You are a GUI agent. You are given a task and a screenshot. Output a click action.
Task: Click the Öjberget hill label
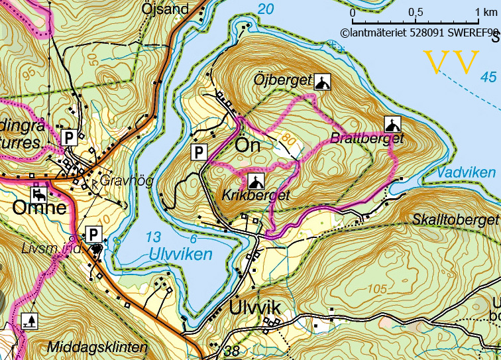tap(282, 81)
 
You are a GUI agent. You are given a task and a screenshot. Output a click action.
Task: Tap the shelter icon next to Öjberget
tap(321, 82)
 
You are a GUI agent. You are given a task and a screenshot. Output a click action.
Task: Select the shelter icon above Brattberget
tap(392, 124)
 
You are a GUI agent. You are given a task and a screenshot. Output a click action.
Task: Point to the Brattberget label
tap(367, 139)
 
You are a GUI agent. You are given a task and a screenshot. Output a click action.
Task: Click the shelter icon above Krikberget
tap(256, 181)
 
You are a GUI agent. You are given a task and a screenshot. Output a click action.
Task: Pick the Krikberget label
tap(256, 196)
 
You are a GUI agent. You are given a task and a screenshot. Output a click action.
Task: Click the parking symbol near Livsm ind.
tap(94, 234)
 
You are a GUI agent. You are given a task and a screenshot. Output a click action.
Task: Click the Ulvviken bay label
tap(180, 254)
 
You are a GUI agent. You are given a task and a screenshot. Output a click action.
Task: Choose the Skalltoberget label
tap(455, 219)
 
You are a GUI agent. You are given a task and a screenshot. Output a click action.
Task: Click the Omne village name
tap(39, 208)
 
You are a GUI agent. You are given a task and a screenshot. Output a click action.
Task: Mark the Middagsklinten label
tap(97, 347)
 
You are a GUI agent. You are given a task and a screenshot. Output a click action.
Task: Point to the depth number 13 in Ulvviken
tap(153, 237)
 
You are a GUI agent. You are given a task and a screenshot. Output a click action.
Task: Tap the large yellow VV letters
tap(451, 63)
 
